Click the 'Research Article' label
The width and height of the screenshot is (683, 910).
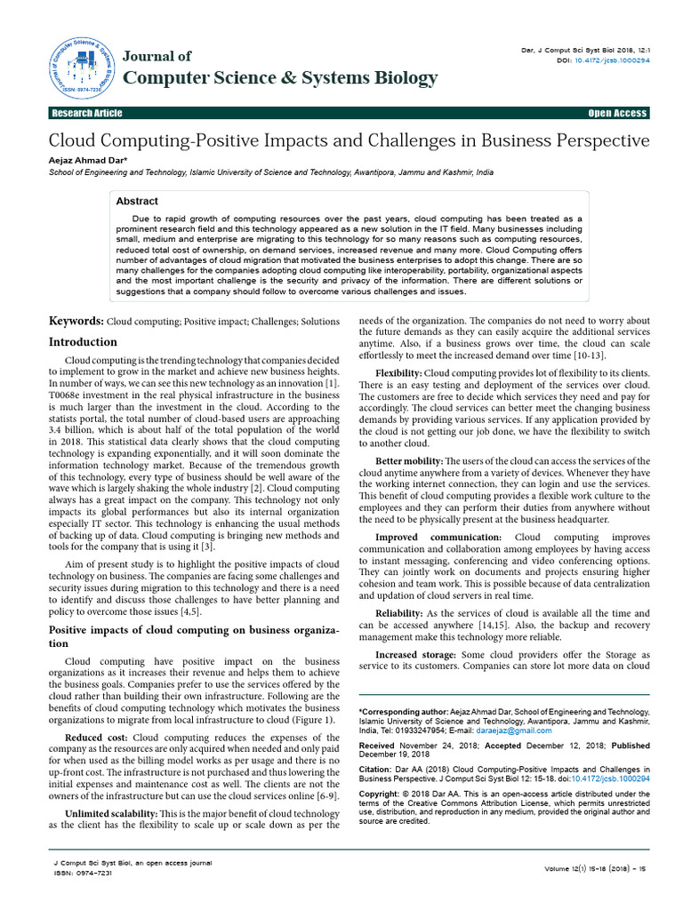[x=87, y=114]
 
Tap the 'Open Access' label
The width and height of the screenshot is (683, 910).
[x=617, y=114]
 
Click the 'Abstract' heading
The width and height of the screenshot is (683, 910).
[x=137, y=202]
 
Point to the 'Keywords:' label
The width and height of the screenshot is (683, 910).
[x=76, y=321]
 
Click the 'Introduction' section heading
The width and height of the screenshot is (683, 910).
[x=83, y=342]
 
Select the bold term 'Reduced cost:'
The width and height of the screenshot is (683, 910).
[x=96, y=738]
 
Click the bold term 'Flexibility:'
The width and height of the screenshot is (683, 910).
[x=398, y=371]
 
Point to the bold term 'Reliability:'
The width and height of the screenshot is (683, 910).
[x=405, y=613]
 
